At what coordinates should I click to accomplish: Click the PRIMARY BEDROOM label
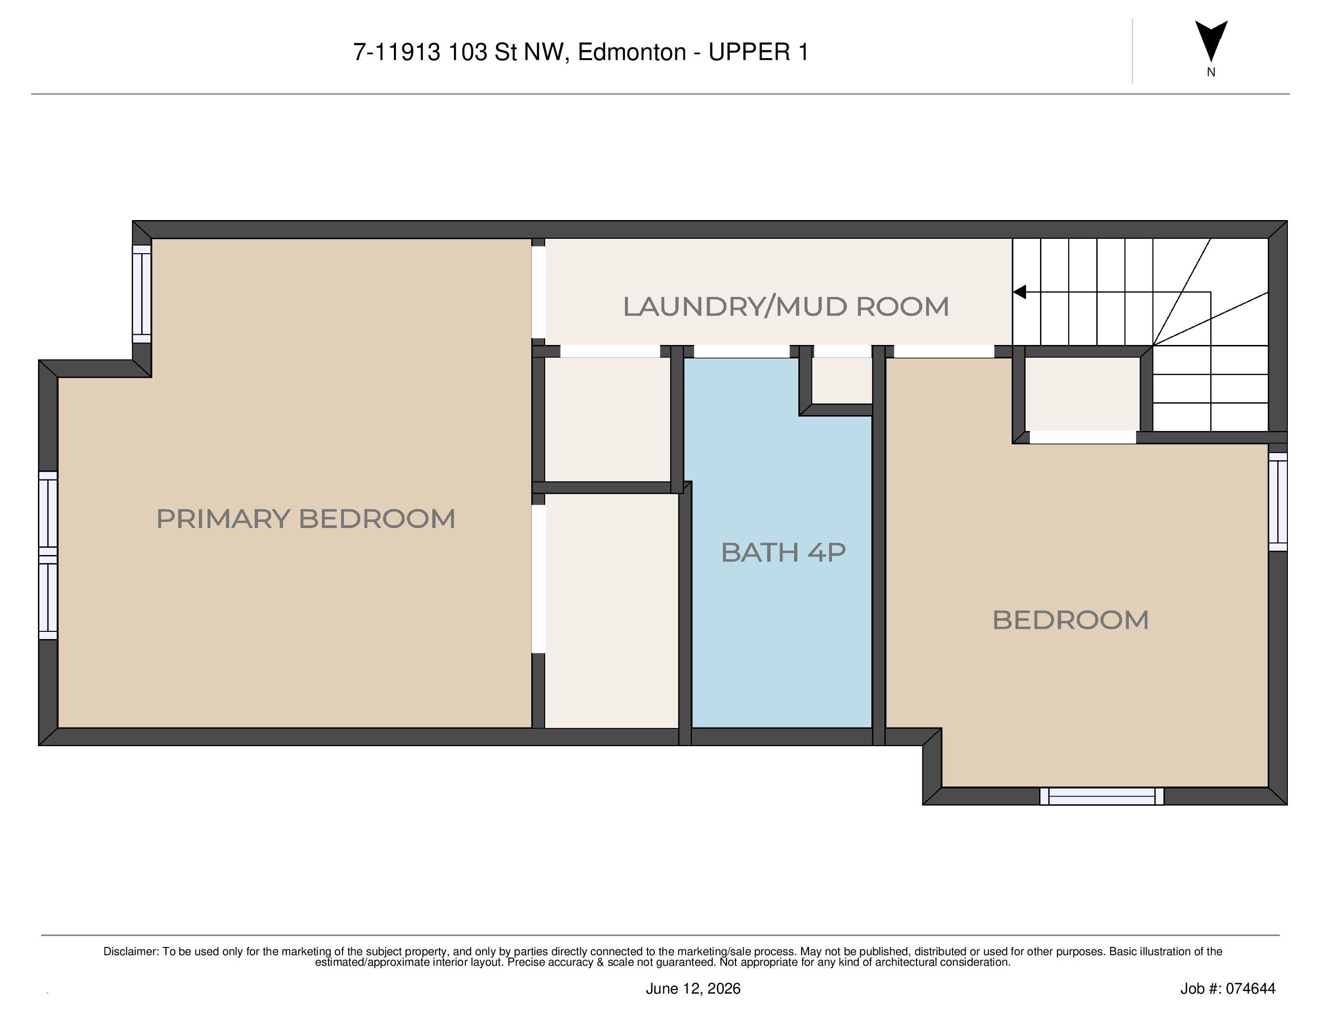click(x=306, y=519)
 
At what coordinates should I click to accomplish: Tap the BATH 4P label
click(x=783, y=552)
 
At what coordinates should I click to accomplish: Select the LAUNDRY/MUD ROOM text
click(x=786, y=306)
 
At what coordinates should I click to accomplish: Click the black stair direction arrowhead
click(x=1020, y=292)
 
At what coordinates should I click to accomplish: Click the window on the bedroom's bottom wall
click(x=1101, y=796)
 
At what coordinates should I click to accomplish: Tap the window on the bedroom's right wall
click(x=1277, y=502)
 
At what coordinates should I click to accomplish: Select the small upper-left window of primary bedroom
click(x=142, y=294)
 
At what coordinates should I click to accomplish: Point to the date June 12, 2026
click(x=693, y=988)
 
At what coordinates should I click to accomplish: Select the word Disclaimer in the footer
click(x=131, y=951)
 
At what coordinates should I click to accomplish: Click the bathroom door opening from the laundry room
click(x=742, y=351)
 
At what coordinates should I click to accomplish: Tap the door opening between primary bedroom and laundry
click(x=538, y=292)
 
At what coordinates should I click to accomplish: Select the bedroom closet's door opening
click(x=1083, y=437)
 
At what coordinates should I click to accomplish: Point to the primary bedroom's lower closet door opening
click(x=538, y=579)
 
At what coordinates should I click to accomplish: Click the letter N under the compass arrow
click(x=1211, y=72)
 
